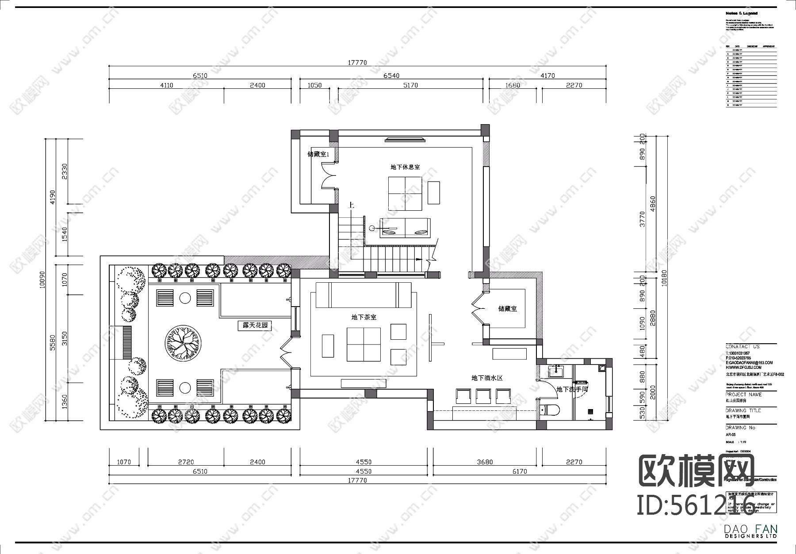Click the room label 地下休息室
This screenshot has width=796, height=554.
click(x=405, y=167)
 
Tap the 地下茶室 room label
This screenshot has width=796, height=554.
click(x=364, y=317)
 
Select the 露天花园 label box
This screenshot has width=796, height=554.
click(x=255, y=326)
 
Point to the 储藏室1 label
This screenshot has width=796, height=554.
click(x=318, y=154)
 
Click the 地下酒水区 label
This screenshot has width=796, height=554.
click(x=487, y=378)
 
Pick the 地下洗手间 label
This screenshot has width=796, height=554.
click(x=572, y=389)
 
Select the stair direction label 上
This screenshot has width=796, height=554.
click(x=351, y=205)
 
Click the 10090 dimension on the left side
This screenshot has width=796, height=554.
click(x=42, y=279)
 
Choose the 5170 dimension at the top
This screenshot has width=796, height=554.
click(x=410, y=85)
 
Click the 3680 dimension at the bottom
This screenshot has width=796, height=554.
click(x=485, y=462)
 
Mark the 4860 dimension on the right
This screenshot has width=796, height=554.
click(x=653, y=204)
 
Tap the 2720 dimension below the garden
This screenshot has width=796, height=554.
click(x=186, y=462)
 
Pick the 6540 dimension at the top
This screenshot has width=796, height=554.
click(x=391, y=76)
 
